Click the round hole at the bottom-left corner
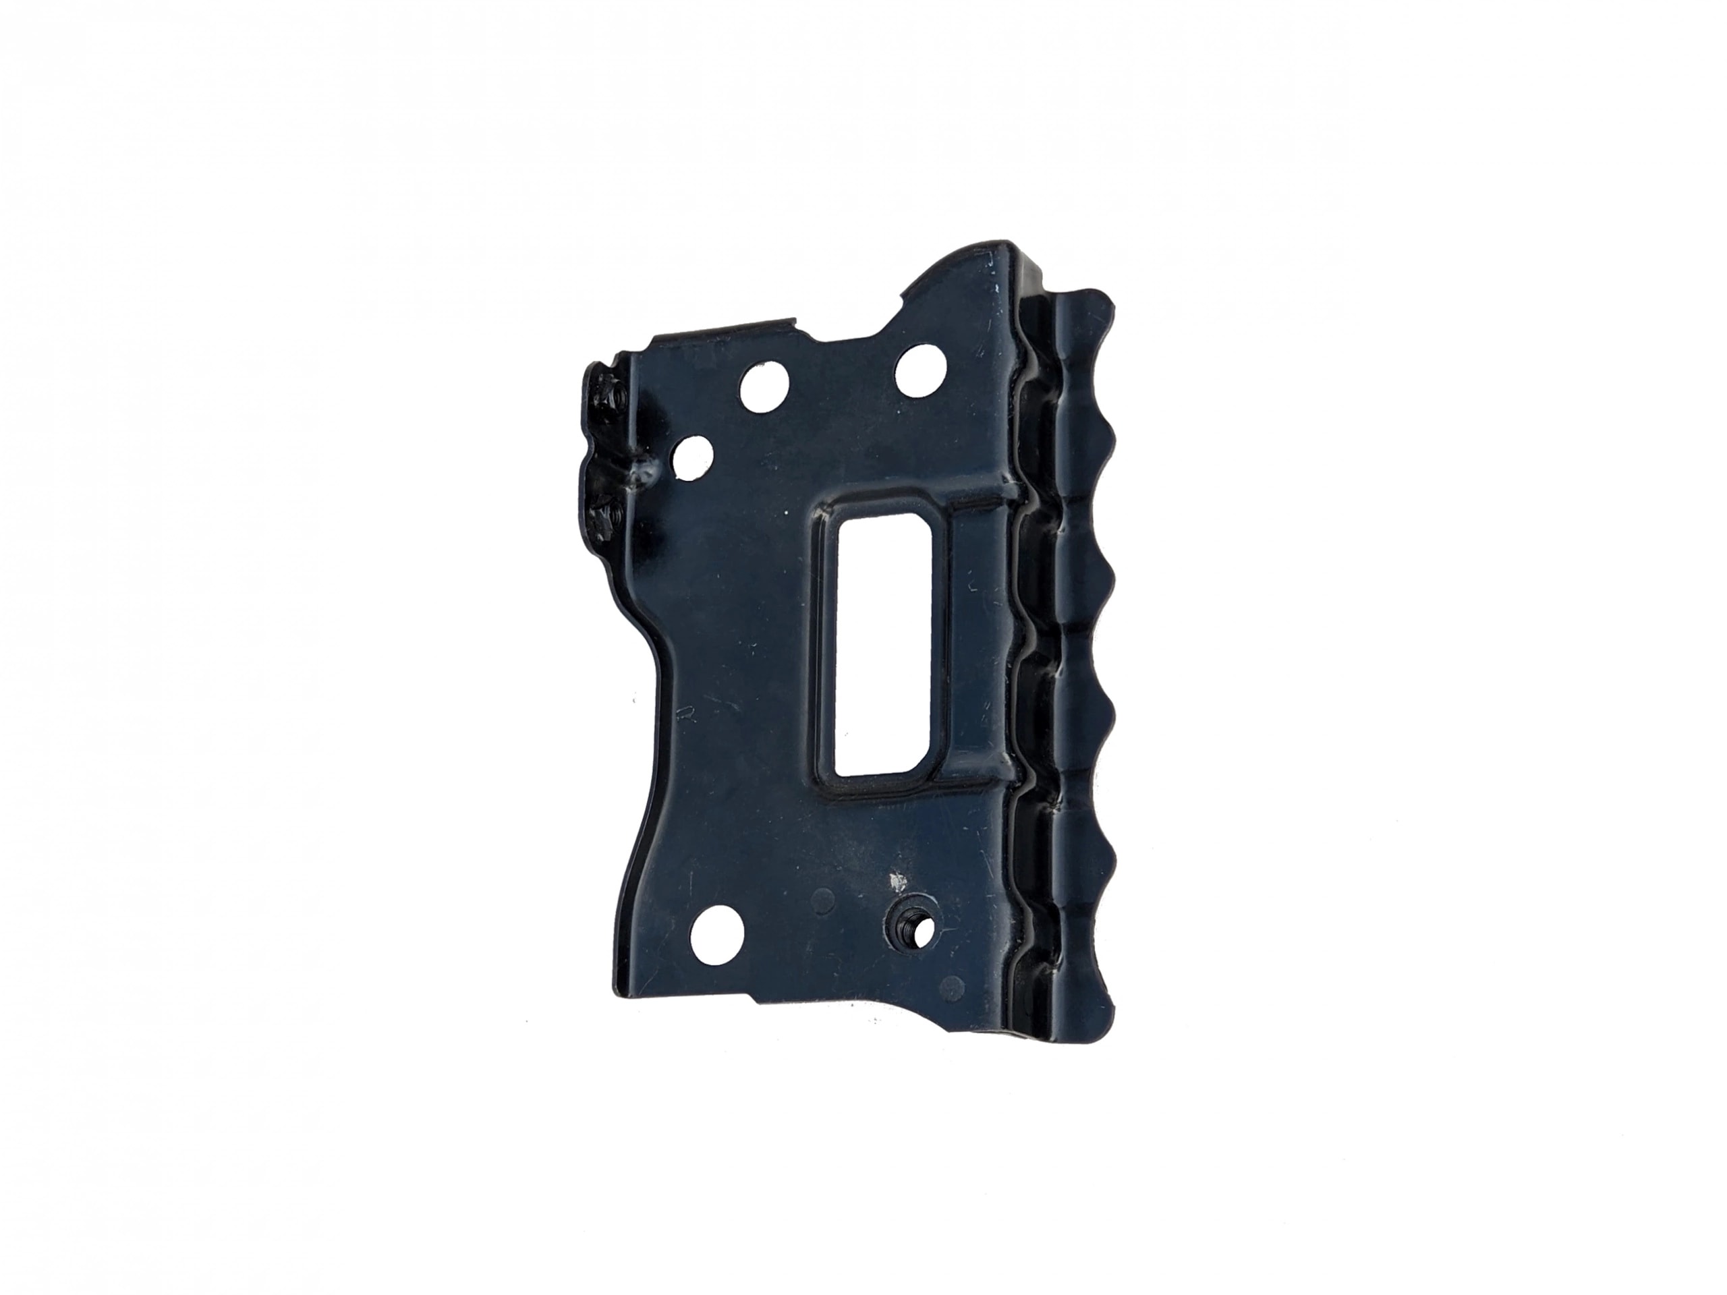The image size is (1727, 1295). pos(716,933)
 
